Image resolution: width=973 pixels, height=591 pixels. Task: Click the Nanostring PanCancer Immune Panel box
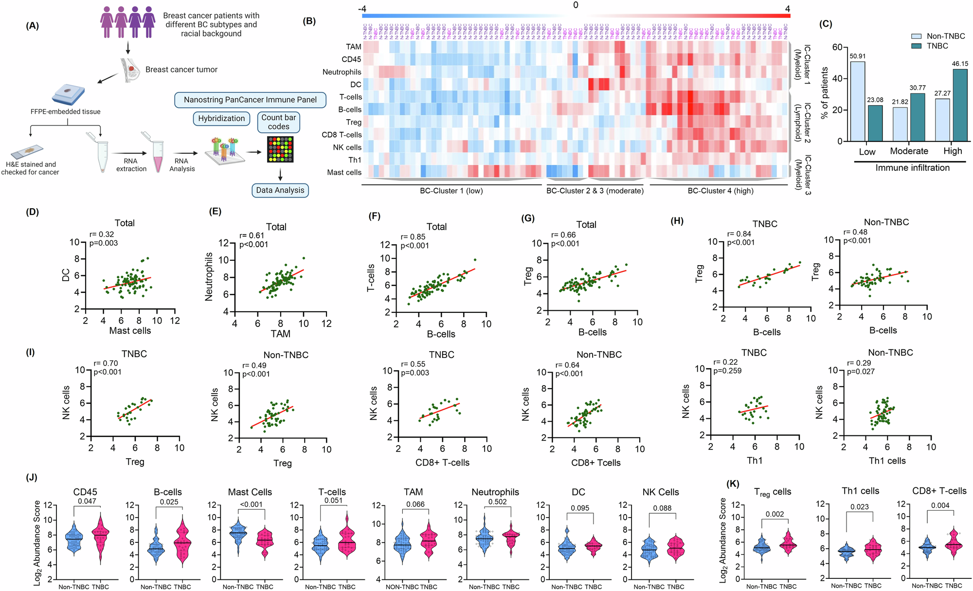[250, 100]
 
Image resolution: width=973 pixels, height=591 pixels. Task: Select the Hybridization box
[221, 119]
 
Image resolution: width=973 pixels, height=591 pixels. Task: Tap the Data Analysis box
[280, 190]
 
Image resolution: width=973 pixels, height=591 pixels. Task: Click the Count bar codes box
[278, 122]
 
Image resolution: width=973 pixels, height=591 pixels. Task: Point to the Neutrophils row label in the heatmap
[342, 72]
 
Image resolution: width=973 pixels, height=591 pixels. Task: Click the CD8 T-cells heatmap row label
[342, 135]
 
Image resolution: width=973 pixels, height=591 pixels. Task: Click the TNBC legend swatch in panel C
[917, 46]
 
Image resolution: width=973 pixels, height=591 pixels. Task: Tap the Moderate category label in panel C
[909, 151]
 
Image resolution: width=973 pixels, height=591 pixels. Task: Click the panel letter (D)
[33, 212]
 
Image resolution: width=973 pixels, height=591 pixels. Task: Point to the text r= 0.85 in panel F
[413, 237]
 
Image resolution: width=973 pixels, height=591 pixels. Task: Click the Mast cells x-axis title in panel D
[130, 331]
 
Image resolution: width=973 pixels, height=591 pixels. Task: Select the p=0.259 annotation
[727, 371]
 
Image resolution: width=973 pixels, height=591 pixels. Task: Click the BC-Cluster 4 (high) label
[721, 191]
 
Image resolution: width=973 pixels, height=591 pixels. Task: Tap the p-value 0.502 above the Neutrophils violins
[497, 502]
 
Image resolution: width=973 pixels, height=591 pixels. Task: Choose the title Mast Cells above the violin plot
[250, 492]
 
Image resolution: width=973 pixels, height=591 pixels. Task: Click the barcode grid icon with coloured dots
[280, 149]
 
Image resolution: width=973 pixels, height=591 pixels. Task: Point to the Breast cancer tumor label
[181, 70]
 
